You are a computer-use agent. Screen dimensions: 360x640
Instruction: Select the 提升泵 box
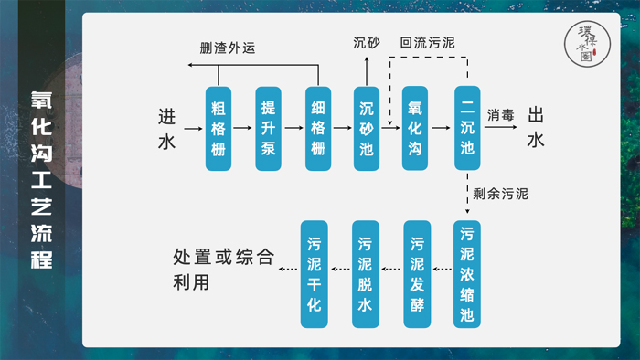pyautogui.click(x=268, y=129)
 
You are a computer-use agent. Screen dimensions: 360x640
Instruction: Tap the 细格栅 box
pyautogui.click(x=318, y=129)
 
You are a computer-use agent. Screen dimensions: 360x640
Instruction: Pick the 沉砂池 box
pyautogui.click(x=367, y=129)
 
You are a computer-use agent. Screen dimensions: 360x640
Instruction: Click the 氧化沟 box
pyautogui.click(x=416, y=129)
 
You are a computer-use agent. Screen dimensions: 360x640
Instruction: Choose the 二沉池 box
pyautogui.click(x=467, y=129)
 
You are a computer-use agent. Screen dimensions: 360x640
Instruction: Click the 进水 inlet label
pyautogui.click(x=165, y=129)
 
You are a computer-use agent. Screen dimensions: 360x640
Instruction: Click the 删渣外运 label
pyautogui.click(x=228, y=48)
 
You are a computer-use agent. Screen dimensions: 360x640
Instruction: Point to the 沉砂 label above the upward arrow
pyautogui.click(x=367, y=43)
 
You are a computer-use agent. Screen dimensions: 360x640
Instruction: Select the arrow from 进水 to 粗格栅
pyautogui.click(x=192, y=130)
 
